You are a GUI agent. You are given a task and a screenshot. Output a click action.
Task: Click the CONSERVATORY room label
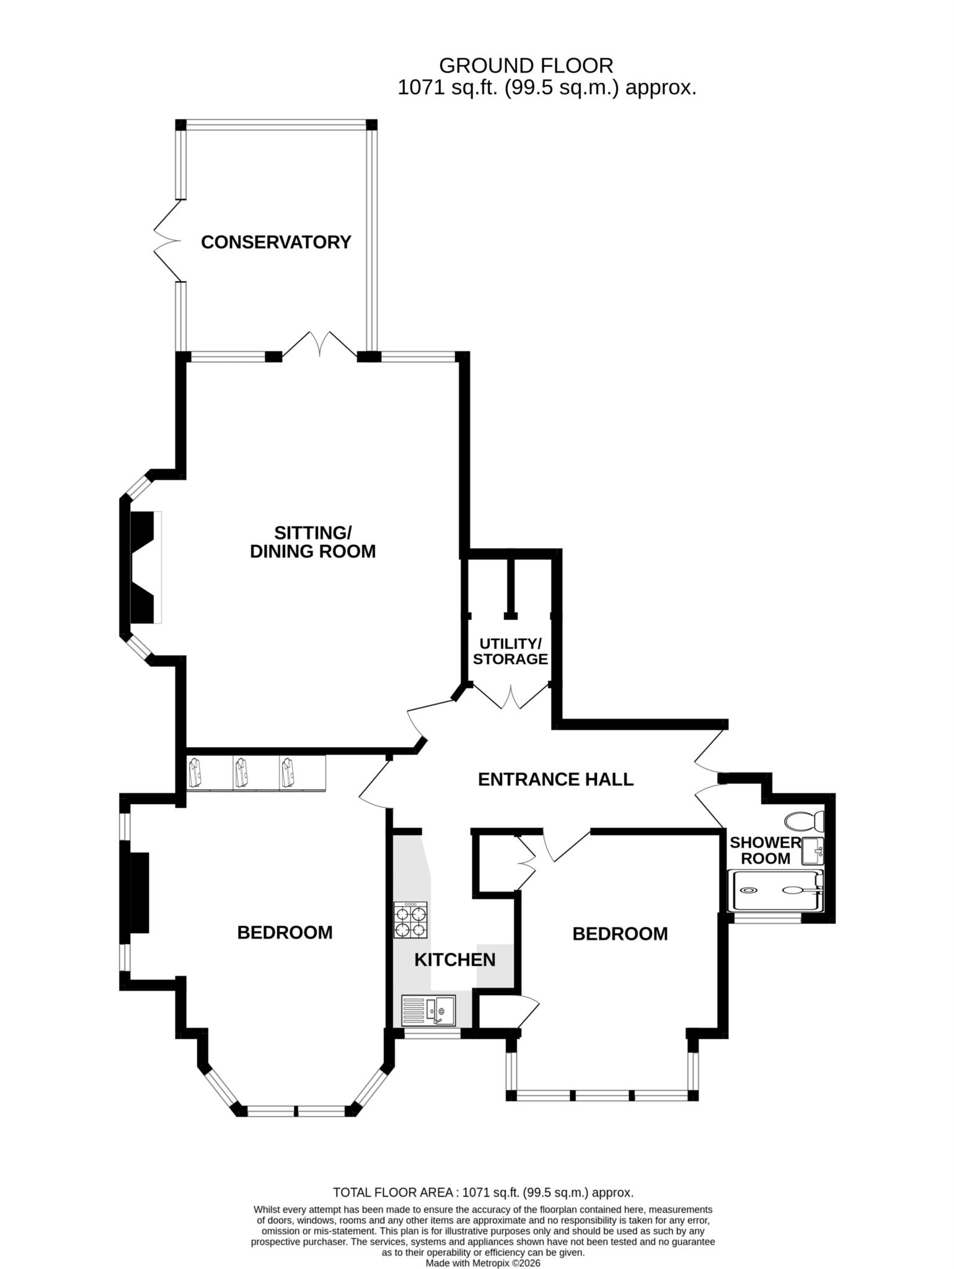click(276, 242)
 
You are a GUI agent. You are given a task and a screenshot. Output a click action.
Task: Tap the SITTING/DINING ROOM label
click(312, 542)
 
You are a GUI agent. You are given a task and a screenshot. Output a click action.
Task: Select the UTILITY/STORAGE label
click(510, 651)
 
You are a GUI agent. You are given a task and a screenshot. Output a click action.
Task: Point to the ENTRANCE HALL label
click(555, 779)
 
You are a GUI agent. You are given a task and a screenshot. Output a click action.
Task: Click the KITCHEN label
click(454, 960)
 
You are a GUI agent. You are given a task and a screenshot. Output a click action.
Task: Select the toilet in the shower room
click(804, 822)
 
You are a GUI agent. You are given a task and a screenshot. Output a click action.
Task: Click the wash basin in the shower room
click(812, 851)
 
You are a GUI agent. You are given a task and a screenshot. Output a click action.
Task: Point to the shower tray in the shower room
click(777, 890)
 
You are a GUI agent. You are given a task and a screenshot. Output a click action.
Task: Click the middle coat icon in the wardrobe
click(242, 773)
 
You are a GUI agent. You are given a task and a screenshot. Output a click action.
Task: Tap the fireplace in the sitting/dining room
click(144, 567)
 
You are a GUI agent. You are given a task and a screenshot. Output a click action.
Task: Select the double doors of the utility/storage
click(511, 696)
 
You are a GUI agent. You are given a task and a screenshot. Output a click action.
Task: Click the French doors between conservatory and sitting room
click(320, 344)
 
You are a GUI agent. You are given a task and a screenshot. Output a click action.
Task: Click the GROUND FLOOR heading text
click(526, 65)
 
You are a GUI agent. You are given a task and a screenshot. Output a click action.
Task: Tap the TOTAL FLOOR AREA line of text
click(483, 1192)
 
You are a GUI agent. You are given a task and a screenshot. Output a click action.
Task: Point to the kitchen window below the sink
click(432, 1034)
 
